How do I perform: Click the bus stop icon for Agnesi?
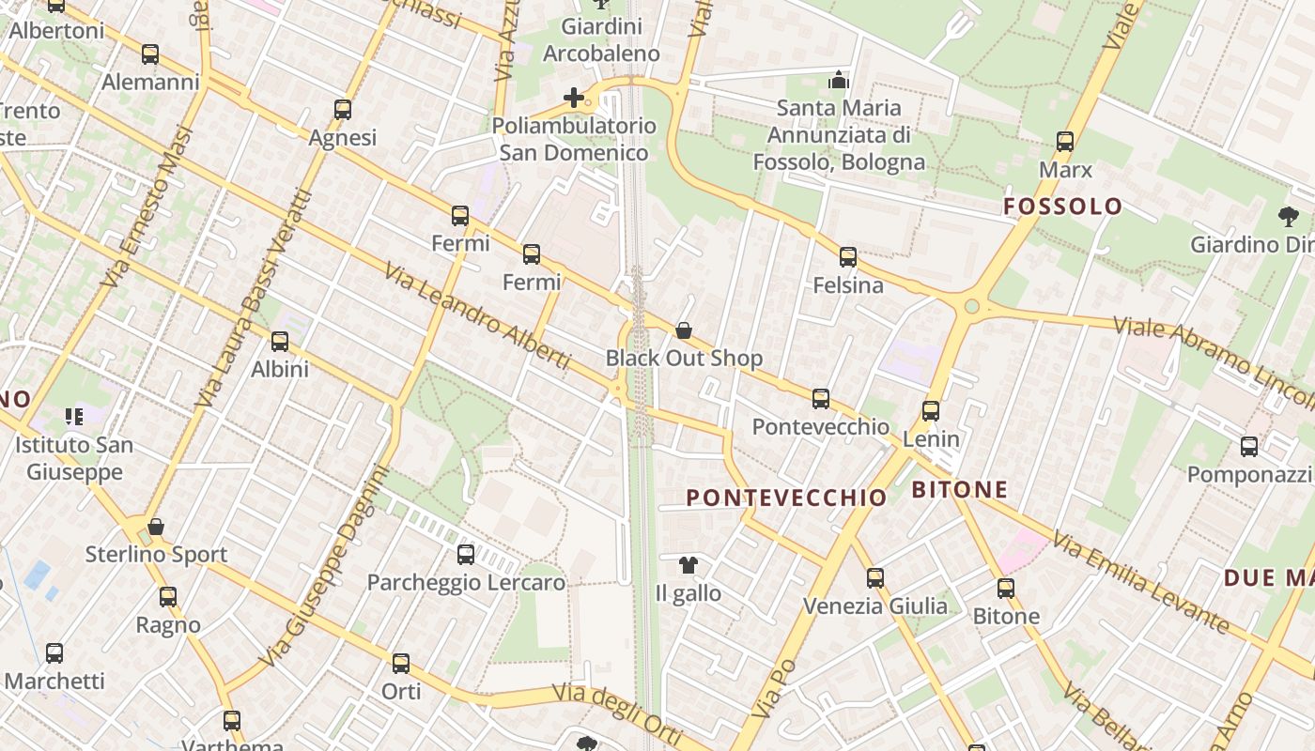343,110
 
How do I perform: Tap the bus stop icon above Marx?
1065,142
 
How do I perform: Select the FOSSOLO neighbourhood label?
1063,207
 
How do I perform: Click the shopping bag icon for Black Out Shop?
684,330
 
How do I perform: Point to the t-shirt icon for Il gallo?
688,565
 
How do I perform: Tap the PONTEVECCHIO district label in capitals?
787,498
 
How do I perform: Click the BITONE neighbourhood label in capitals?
960,489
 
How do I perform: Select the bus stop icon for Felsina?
848,256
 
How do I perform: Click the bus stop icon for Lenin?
931,411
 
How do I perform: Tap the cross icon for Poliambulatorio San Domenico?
573,98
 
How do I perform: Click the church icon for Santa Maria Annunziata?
839,80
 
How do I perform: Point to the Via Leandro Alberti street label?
476,315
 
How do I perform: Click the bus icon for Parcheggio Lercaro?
466,555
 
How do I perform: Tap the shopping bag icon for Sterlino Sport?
156,527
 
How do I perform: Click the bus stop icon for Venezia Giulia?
875,578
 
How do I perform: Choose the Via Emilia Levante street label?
1140,581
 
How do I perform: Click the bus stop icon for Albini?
280,342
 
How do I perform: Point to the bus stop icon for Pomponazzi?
1249,447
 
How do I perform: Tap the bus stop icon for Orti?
401,664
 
